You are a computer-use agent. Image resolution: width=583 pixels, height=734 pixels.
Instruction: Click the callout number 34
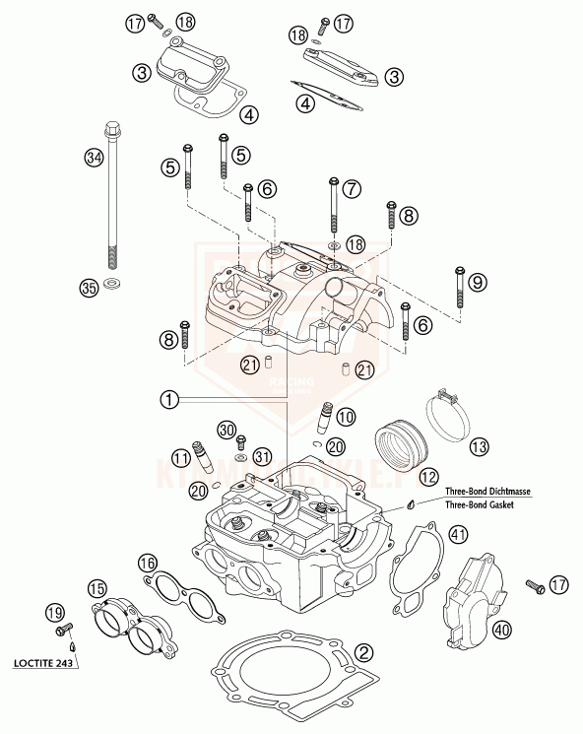point(95,158)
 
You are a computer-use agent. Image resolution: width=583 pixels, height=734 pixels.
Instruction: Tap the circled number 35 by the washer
point(89,288)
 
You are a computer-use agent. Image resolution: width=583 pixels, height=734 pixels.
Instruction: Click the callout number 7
point(353,186)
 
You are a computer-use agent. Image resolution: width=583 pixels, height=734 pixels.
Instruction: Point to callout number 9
point(477,283)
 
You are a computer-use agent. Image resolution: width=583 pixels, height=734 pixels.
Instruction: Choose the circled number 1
point(170,399)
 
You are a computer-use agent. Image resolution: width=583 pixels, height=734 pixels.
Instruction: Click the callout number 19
point(56,613)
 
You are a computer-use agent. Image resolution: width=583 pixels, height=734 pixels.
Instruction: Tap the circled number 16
point(147,563)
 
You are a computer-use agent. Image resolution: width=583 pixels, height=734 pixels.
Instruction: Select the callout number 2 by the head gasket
point(364,651)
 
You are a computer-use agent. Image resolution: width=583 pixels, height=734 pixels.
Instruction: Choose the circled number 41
point(457,535)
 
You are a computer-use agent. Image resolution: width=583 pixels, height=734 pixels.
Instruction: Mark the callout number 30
point(227,430)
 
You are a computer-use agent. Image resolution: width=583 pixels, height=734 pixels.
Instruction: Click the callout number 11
point(179,457)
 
